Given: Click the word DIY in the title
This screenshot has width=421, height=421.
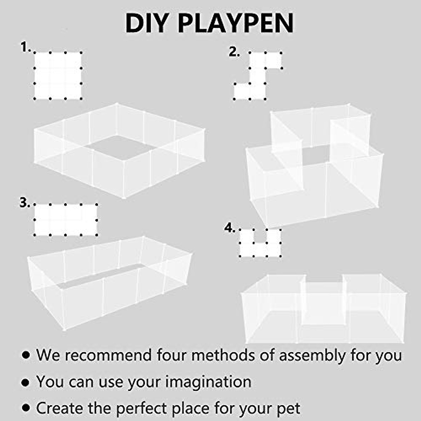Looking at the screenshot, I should [x=147, y=23].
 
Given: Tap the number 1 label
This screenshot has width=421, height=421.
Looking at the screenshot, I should [x=25, y=47].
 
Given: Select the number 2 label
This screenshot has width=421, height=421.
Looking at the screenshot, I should [x=234, y=52].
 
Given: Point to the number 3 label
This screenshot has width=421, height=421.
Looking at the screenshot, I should [x=24, y=203].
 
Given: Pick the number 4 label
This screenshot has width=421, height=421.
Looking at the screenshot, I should [x=229, y=228].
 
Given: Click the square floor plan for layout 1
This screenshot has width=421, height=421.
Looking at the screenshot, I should [x=58, y=76].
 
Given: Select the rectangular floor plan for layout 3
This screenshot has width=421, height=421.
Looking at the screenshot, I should [x=66, y=220].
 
